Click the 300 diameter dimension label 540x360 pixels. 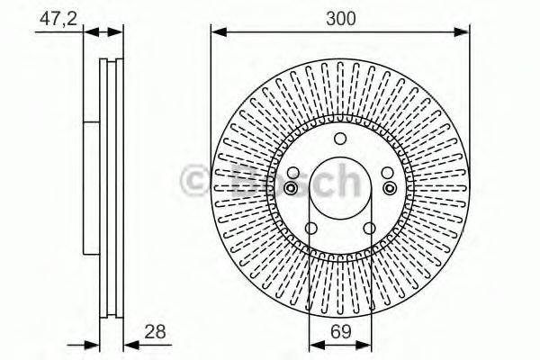339,17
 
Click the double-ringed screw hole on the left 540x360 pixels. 292,187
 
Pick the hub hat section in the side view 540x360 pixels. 89,189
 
